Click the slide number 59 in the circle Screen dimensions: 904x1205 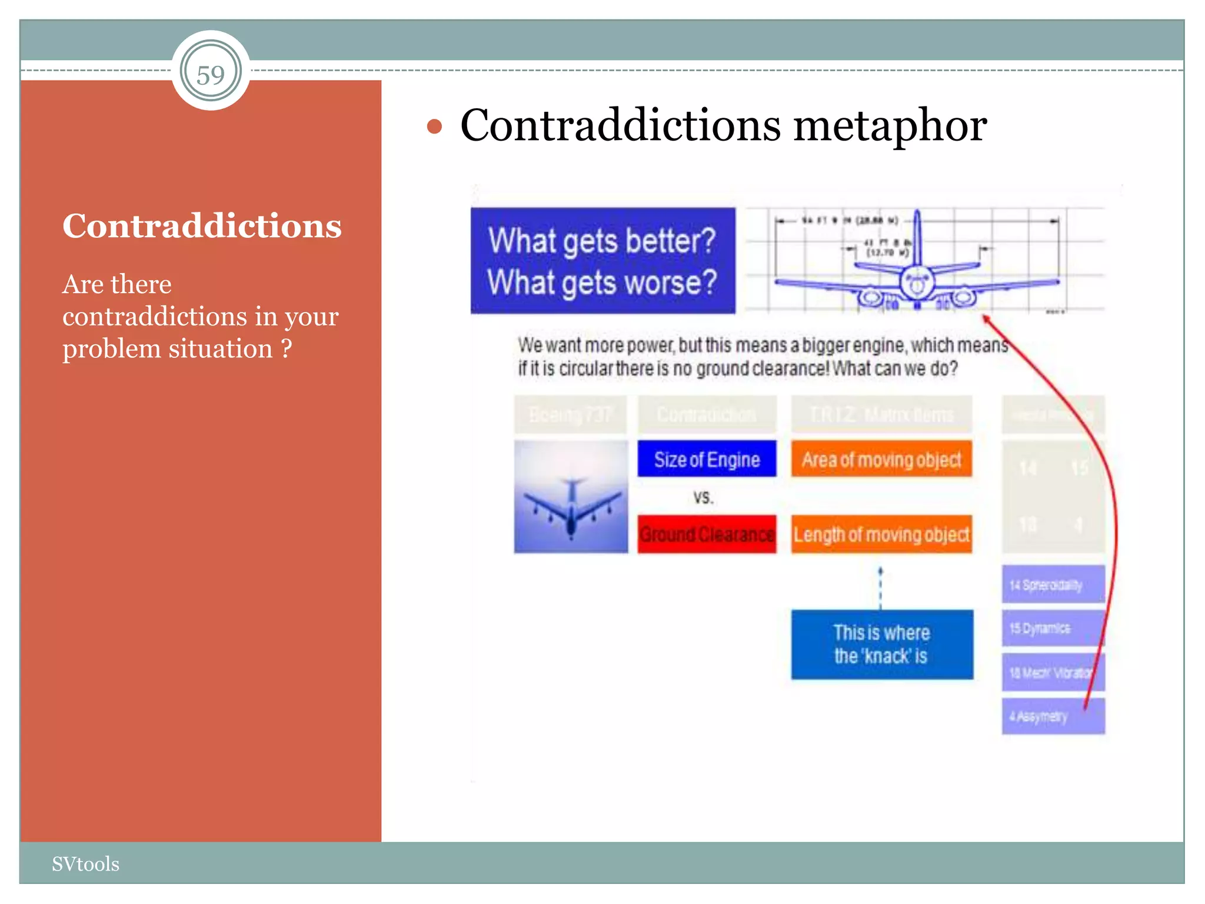[211, 75]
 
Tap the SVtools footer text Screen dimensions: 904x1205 [85, 864]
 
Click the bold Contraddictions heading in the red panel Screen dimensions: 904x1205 [202, 226]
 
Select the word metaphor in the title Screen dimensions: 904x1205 [890, 126]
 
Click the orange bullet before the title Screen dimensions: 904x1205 [434, 127]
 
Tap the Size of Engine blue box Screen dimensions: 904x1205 [707, 459]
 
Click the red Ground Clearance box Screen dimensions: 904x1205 [707, 534]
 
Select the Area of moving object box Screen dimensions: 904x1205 [881, 459]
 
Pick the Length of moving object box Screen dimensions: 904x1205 [881, 534]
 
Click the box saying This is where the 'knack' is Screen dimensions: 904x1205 [881, 644]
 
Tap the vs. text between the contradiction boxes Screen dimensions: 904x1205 [703, 498]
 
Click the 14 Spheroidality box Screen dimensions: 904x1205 [1053, 584]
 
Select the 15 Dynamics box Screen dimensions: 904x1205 [1053, 628]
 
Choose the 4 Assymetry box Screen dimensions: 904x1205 [1053, 716]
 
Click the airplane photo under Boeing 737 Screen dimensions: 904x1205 [571, 497]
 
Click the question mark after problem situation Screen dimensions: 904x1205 [287, 348]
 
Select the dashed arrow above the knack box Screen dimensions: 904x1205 [880, 589]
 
